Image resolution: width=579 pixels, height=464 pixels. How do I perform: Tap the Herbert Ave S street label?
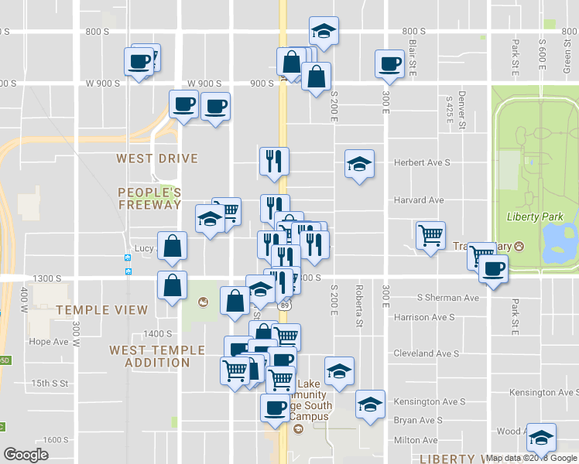click(421, 162)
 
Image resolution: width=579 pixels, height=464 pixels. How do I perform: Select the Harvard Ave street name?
click(419, 200)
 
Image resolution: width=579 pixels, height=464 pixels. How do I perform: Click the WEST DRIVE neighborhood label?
click(157, 159)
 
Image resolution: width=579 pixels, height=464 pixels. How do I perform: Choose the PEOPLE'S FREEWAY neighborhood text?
click(150, 198)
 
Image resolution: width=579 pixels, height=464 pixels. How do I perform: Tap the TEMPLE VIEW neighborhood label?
click(101, 310)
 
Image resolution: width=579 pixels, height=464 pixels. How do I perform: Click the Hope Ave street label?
click(50, 341)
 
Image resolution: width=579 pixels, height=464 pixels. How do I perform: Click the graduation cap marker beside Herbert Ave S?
click(359, 164)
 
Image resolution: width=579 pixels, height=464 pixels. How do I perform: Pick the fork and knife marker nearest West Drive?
click(274, 161)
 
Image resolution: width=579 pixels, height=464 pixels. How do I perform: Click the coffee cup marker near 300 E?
click(389, 63)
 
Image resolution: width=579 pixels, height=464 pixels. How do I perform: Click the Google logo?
click(26, 455)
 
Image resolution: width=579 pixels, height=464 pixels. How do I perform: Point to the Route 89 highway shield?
click(284, 307)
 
